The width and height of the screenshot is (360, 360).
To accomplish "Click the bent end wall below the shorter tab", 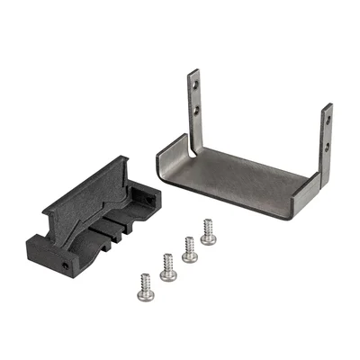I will pyautogui.click(x=311, y=193).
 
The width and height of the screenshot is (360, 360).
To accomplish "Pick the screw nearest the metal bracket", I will pyautogui.click(x=208, y=232).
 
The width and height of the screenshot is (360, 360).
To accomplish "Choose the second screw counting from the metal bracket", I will pyautogui.click(x=190, y=247).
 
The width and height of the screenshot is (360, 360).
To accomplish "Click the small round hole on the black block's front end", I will pyautogui.click(x=67, y=266).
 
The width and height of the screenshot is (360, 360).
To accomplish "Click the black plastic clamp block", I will pyautogui.click(x=90, y=225).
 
